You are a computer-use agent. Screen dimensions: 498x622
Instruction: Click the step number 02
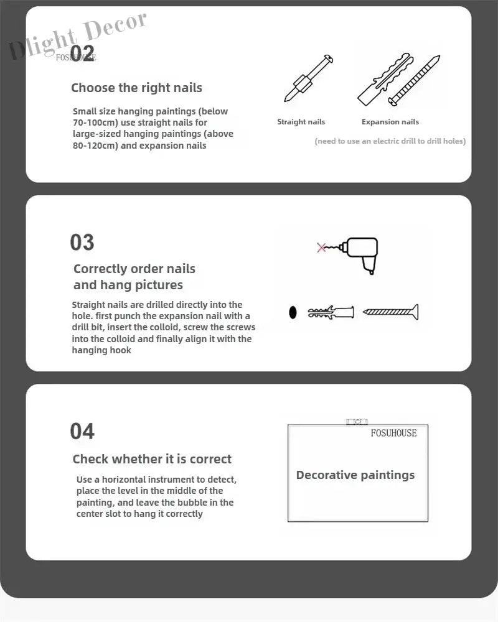(83, 53)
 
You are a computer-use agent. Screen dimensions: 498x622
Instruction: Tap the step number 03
(82, 242)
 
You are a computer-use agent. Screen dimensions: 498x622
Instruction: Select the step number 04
(82, 431)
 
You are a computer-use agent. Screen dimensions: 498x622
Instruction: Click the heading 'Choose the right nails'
(136, 88)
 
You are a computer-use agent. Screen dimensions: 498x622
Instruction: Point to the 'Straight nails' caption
(301, 122)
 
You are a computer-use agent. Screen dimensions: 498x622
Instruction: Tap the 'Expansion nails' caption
(390, 122)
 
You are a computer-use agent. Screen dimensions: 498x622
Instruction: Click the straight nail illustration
(309, 78)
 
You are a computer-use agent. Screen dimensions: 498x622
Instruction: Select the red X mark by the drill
(321, 248)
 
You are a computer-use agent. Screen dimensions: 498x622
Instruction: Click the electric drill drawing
(359, 254)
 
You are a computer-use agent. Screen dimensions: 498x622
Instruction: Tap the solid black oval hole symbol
(293, 313)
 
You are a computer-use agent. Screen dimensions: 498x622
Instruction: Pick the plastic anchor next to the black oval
(331, 312)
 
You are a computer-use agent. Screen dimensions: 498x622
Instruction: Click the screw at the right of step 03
(391, 312)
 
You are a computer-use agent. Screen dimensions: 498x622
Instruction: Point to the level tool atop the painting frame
(357, 422)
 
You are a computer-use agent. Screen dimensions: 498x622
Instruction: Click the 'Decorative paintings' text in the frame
(355, 475)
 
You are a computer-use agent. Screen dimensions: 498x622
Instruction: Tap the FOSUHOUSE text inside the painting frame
(393, 433)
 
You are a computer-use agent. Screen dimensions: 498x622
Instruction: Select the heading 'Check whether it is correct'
(152, 459)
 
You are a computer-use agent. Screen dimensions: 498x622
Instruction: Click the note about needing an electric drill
(390, 141)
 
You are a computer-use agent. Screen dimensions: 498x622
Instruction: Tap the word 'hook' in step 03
(121, 350)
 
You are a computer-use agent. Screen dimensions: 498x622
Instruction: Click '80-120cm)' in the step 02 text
(95, 146)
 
